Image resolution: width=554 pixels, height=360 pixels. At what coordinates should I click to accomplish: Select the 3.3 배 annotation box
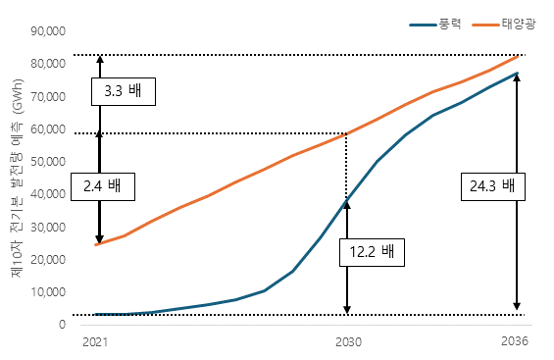(123, 91)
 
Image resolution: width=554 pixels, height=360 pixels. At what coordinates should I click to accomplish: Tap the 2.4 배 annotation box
(103, 184)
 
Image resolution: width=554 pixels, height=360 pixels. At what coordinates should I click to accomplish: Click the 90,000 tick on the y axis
(48, 30)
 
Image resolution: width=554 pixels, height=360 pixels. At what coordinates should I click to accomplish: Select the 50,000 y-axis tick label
(48, 161)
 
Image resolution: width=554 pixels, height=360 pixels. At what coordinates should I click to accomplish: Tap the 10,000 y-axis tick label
(48, 292)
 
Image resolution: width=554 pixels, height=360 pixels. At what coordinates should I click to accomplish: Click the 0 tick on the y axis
(62, 325)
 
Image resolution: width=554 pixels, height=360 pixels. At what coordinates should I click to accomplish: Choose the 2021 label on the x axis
(95, 342)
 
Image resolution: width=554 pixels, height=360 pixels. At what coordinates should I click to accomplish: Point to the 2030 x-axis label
(348, 342)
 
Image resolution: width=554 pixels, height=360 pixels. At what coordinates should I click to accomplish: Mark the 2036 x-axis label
(516, 342)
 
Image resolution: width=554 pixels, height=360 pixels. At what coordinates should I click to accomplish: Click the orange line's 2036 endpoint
(518, 56)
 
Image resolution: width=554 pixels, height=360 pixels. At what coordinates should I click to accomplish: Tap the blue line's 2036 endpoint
(517, 74)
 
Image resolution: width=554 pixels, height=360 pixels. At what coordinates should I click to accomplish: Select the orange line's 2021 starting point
(96, 244)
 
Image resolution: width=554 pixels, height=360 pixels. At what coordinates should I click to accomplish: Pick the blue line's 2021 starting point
(96, 315)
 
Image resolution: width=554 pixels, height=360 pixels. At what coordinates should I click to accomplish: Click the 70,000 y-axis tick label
(48, 96)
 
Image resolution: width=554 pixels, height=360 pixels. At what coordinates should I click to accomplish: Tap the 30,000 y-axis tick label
(48, 227)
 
